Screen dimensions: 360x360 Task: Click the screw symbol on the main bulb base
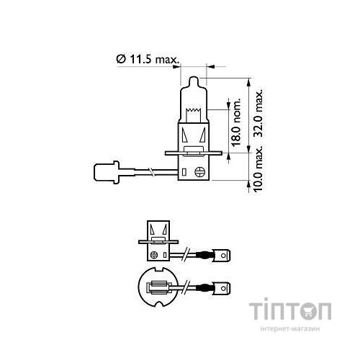tap(199, 171)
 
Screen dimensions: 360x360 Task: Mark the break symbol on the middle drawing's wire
tap(186, 254)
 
